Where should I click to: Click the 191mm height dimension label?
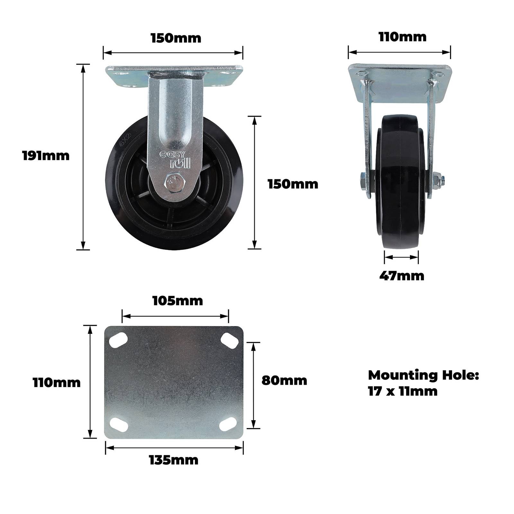[x=46, y=156]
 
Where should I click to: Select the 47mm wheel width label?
[x=402, y=276]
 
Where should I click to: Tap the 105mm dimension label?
[x=178, y=301]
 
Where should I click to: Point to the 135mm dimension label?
[x=173, y=460]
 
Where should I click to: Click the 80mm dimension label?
[x=284, y=380]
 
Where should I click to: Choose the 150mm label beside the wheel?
[x=293, y=184]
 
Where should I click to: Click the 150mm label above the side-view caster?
[x=176, y=38]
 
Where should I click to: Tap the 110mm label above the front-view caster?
[x=403, y=37]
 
